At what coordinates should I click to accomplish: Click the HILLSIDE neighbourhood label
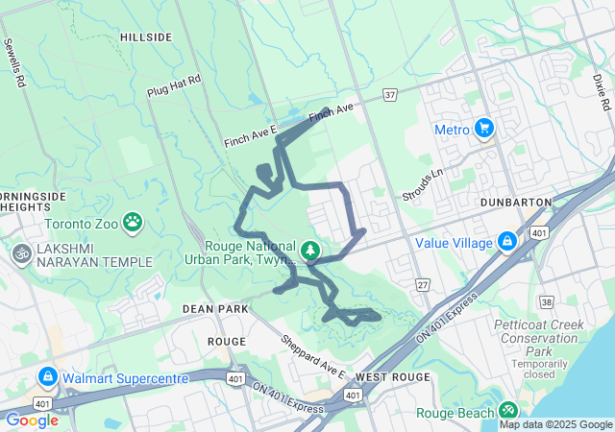click(x=146, y=37)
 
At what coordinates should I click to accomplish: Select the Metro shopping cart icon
click(x=483, y=129)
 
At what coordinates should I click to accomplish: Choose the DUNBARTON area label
click(x=515, y=203)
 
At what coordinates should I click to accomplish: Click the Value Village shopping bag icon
click(x=506, y=243)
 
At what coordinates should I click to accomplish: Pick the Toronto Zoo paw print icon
click(x=133, y=224)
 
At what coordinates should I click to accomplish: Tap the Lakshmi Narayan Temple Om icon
click(x=19, y=254)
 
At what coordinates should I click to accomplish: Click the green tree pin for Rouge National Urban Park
click(x=310, y=252)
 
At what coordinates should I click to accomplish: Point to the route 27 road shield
click(x=421, y=285)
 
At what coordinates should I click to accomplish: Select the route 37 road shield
click(x=389, y=95)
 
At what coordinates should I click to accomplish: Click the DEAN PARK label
click(x=215, y=309)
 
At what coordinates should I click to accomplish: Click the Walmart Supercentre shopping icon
click(x=48, y=378)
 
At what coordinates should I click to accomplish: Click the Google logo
click(x=32, y=420)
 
